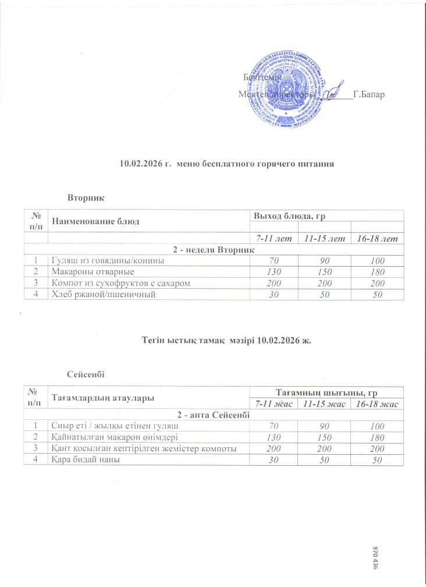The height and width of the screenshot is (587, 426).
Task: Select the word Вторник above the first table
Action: (x=86, y=198)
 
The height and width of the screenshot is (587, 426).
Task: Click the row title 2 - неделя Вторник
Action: (x=215, y=250)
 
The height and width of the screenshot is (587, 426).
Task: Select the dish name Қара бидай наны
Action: (x=85, y=460)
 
